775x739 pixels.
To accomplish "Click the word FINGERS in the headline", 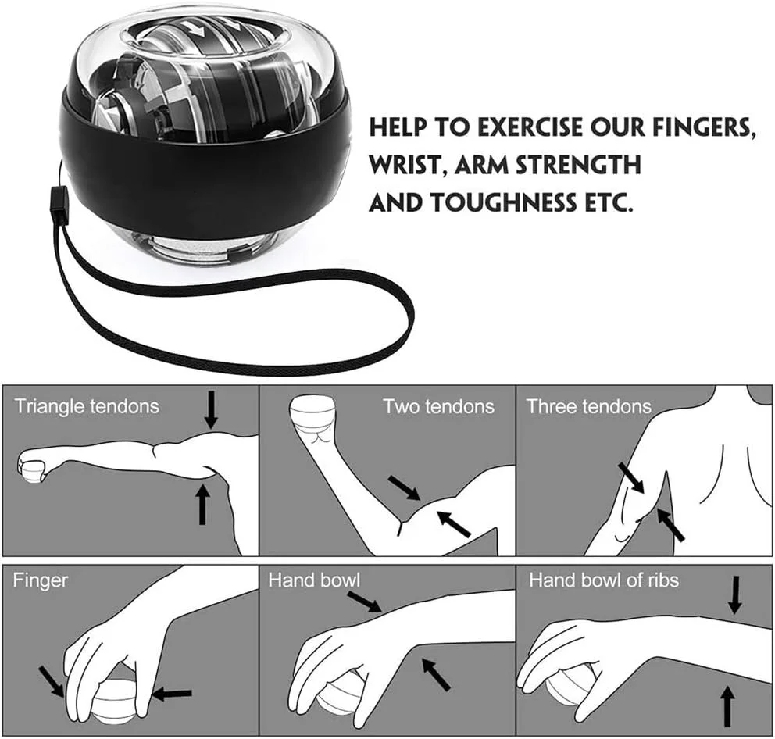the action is coord(703,128).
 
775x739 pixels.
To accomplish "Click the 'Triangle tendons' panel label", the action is coord(87,407).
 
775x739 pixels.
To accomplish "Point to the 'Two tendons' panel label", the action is coord(439,406).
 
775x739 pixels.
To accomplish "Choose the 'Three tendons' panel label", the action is coord(589,406).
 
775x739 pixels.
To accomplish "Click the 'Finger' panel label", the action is coord(40,580).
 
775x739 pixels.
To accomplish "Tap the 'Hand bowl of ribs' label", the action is coord(604,580).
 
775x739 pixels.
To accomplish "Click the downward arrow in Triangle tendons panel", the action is coord(212,409).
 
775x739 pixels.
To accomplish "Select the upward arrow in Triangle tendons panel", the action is coord(202,504).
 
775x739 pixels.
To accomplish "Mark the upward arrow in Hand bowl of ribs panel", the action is coord(727,708).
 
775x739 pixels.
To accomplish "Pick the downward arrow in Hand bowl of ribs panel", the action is coord(735,594).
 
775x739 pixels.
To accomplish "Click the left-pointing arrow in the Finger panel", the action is coord(172,694).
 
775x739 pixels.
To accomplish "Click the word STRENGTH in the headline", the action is coord(578,165).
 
